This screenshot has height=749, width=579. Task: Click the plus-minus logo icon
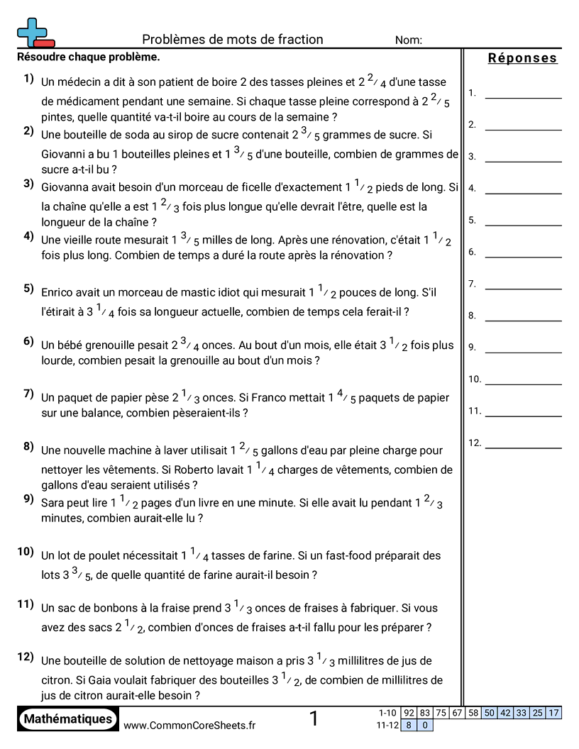tap(34, 32)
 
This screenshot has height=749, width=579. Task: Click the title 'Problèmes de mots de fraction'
tap(232, 40)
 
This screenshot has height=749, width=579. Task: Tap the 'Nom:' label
tap(409, 40)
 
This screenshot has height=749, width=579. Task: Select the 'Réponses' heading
tap(522, 58)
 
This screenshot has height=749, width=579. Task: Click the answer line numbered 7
tap(523, 287)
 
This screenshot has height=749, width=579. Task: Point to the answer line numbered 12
tap(523, 447)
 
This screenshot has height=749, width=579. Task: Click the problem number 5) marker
tap(29, 288)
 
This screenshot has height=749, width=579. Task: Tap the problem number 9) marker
tap(29, 499)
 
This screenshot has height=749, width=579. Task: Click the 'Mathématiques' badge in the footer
tap(67, 719)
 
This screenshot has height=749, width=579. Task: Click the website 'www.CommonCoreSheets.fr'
tap(189, 725)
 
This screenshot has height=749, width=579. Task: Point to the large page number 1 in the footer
tap(314, 719)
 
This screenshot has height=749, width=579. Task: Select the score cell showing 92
tap(409, 713)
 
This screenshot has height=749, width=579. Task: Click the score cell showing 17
tap(553, 713)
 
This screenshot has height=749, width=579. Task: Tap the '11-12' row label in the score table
tap(387, 725)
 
